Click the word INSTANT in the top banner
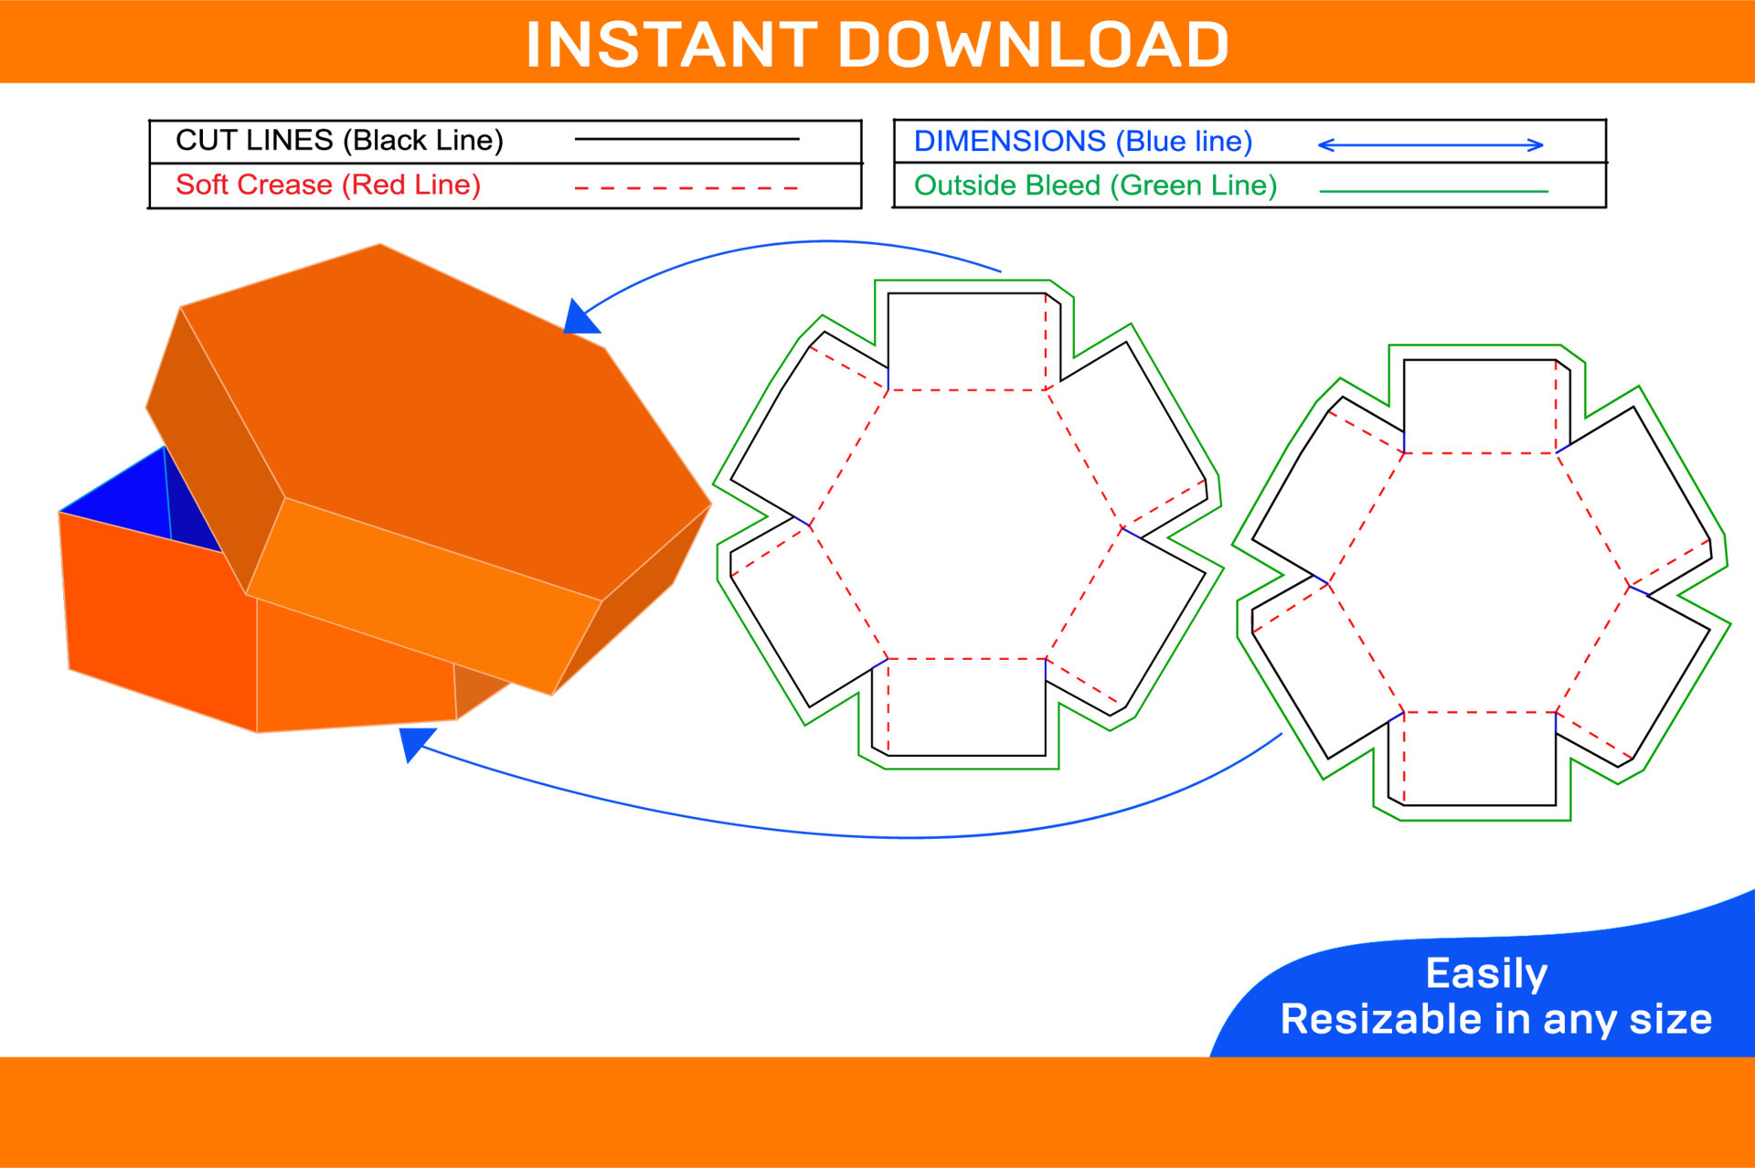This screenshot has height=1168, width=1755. [x=672, y=45]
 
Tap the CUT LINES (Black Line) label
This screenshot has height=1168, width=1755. [x=339, y=140]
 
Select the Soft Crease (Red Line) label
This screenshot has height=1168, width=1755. [x=327, y=185]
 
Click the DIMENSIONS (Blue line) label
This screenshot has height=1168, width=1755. [x=1082, y=142]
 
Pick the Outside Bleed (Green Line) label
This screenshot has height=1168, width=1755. [x=1095, y=186]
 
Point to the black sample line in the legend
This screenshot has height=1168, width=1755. [x=686, y=139]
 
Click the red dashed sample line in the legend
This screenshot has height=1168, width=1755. [x=686, y=187]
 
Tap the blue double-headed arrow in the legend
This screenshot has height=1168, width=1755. [x=1430, y=144]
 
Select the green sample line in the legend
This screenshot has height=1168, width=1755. [x=1433, y=191]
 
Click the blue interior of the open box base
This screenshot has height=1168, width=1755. [x=137, y=503]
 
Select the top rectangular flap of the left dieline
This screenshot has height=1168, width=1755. [x=966, y=341]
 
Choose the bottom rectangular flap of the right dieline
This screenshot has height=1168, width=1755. [x=1479, y=759]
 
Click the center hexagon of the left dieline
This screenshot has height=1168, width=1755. [x=966, y=524]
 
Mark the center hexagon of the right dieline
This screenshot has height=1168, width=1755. [x=1479, y=582]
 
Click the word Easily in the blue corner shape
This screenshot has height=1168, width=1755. [x=1486, y=973]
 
